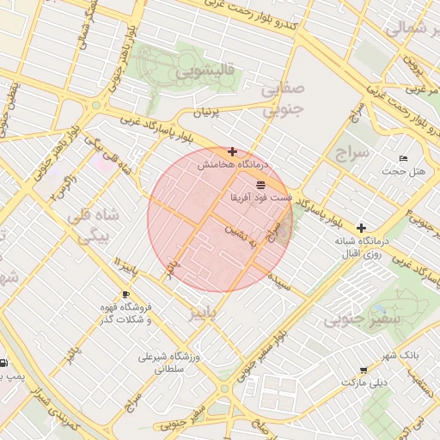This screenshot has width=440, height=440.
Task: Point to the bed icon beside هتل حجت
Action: [x=404, y=159]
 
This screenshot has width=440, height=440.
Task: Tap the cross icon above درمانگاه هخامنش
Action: [x=233, y=150]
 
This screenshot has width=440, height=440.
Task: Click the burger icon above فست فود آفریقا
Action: [x=260, y=185]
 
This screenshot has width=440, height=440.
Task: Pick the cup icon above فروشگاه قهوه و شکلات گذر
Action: [x=126, y=294]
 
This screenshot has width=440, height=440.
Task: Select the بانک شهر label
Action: [x=400, y=355]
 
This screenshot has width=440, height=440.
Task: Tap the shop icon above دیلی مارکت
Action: [x=365, y=370]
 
